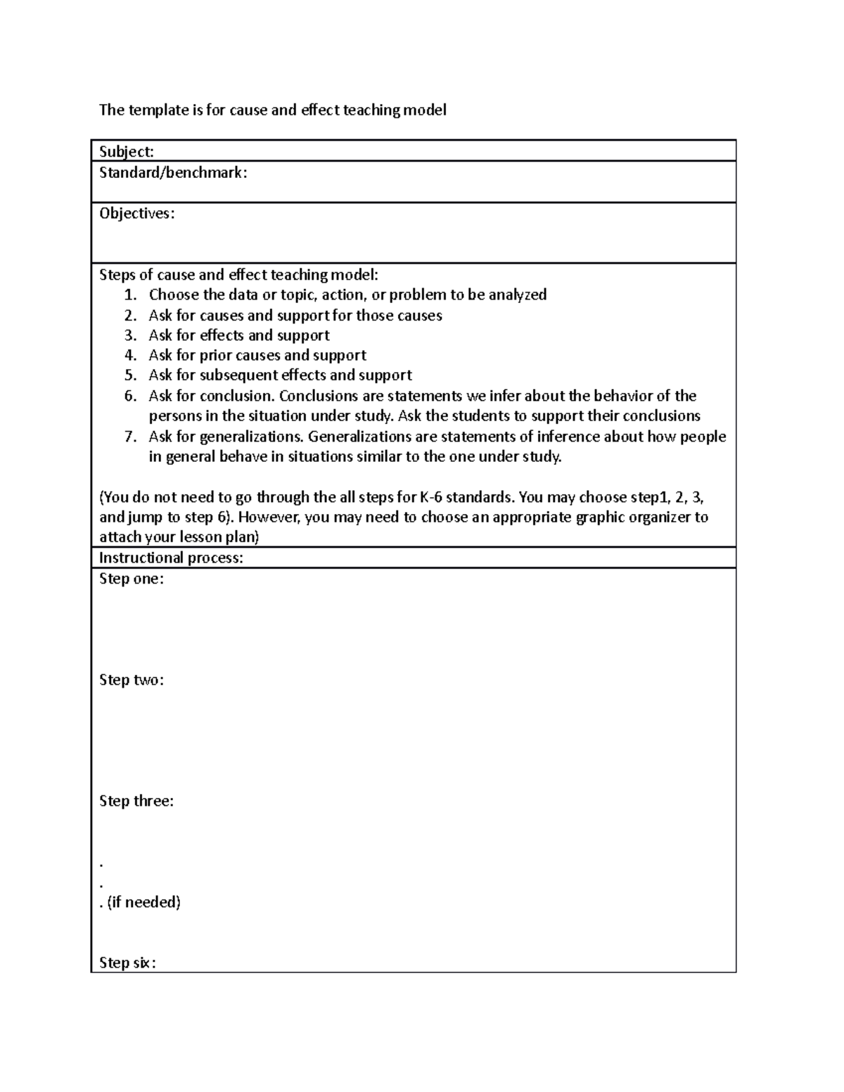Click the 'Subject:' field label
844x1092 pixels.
pos(127,152)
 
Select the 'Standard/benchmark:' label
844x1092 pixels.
pos(173,172)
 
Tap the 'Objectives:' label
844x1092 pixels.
pos(137,214)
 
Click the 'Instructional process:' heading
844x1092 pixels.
pos(172,558)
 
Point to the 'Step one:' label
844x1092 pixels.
pos(132,579)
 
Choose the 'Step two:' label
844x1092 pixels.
pos(132,680)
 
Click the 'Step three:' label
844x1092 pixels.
pos(136,801)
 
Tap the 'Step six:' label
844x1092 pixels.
pos(127,963)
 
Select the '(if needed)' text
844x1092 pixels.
pos(144,902)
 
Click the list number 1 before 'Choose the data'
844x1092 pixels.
pos(129,295)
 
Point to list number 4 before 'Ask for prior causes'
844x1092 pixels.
pos(129,356)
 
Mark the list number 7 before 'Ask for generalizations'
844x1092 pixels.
pos(129,437)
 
